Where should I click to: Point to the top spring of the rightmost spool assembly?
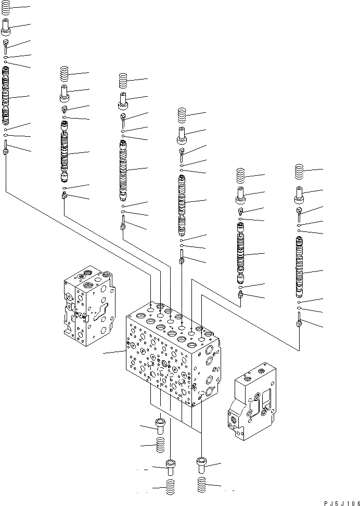coord(299,171)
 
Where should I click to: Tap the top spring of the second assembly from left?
coord(65,73)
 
